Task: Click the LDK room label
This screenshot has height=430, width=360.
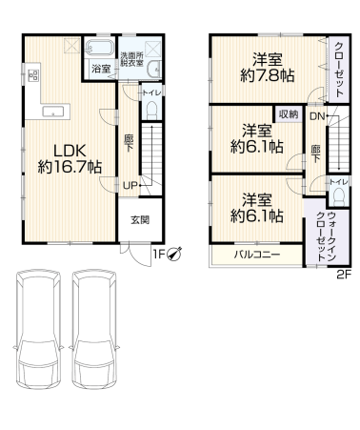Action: click(x=70, y=151)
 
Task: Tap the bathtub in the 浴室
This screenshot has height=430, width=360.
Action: click(x=100, y=49)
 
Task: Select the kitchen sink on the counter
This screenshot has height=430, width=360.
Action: click(x=53, y=112)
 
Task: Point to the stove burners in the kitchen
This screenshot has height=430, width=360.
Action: click(x=33, y=75)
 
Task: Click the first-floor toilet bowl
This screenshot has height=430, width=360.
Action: click(x=152, y=110)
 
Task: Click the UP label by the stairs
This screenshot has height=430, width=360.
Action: click(x=130, y=185)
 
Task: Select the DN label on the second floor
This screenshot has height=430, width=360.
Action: click(x=317, y=116)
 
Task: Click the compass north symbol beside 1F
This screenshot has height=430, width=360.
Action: click(x=174, y=254)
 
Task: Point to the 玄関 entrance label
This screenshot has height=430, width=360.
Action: click(x=140, y=219)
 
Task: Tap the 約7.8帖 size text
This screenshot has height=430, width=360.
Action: click(x=267, y=75)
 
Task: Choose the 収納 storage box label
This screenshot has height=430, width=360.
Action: click(x=289, y=114)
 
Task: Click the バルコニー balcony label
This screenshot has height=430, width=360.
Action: click(x=257, y=255)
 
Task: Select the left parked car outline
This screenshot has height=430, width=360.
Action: click(x=38, y=329)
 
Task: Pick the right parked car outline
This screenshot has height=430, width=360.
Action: click(x=94, y=329)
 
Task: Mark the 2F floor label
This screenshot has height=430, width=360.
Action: click(x=344, y=275)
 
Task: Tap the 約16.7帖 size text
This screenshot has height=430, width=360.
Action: click(x=70, y=167)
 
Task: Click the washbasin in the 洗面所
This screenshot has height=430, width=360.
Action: click(x=154, y=69)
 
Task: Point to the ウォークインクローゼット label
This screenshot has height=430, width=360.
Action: click(x=327, y=235)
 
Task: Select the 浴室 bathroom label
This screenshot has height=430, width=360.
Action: click(x=101, y=69)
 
